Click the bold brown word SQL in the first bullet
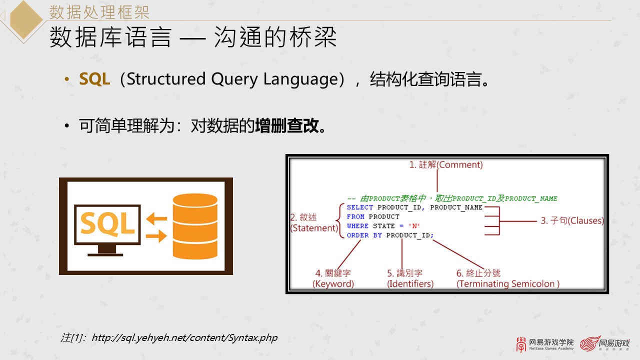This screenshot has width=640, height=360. (94, 79)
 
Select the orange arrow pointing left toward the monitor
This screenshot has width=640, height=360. (156, 218)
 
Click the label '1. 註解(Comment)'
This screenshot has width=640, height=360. (446, 164)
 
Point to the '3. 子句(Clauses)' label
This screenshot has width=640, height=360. (572, 220)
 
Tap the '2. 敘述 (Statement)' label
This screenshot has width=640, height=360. (314, 223)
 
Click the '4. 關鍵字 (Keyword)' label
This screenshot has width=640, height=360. (333, 278)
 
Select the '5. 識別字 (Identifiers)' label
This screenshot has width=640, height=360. (410, 278)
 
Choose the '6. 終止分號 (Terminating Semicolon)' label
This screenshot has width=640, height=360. (507, 278)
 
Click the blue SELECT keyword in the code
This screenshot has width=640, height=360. (360, 207)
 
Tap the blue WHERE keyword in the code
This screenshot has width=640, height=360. (357, 226)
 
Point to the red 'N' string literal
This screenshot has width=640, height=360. (414, 226)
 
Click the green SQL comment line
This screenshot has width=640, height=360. (452, 198)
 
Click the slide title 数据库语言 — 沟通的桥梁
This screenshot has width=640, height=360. (193, 38)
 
